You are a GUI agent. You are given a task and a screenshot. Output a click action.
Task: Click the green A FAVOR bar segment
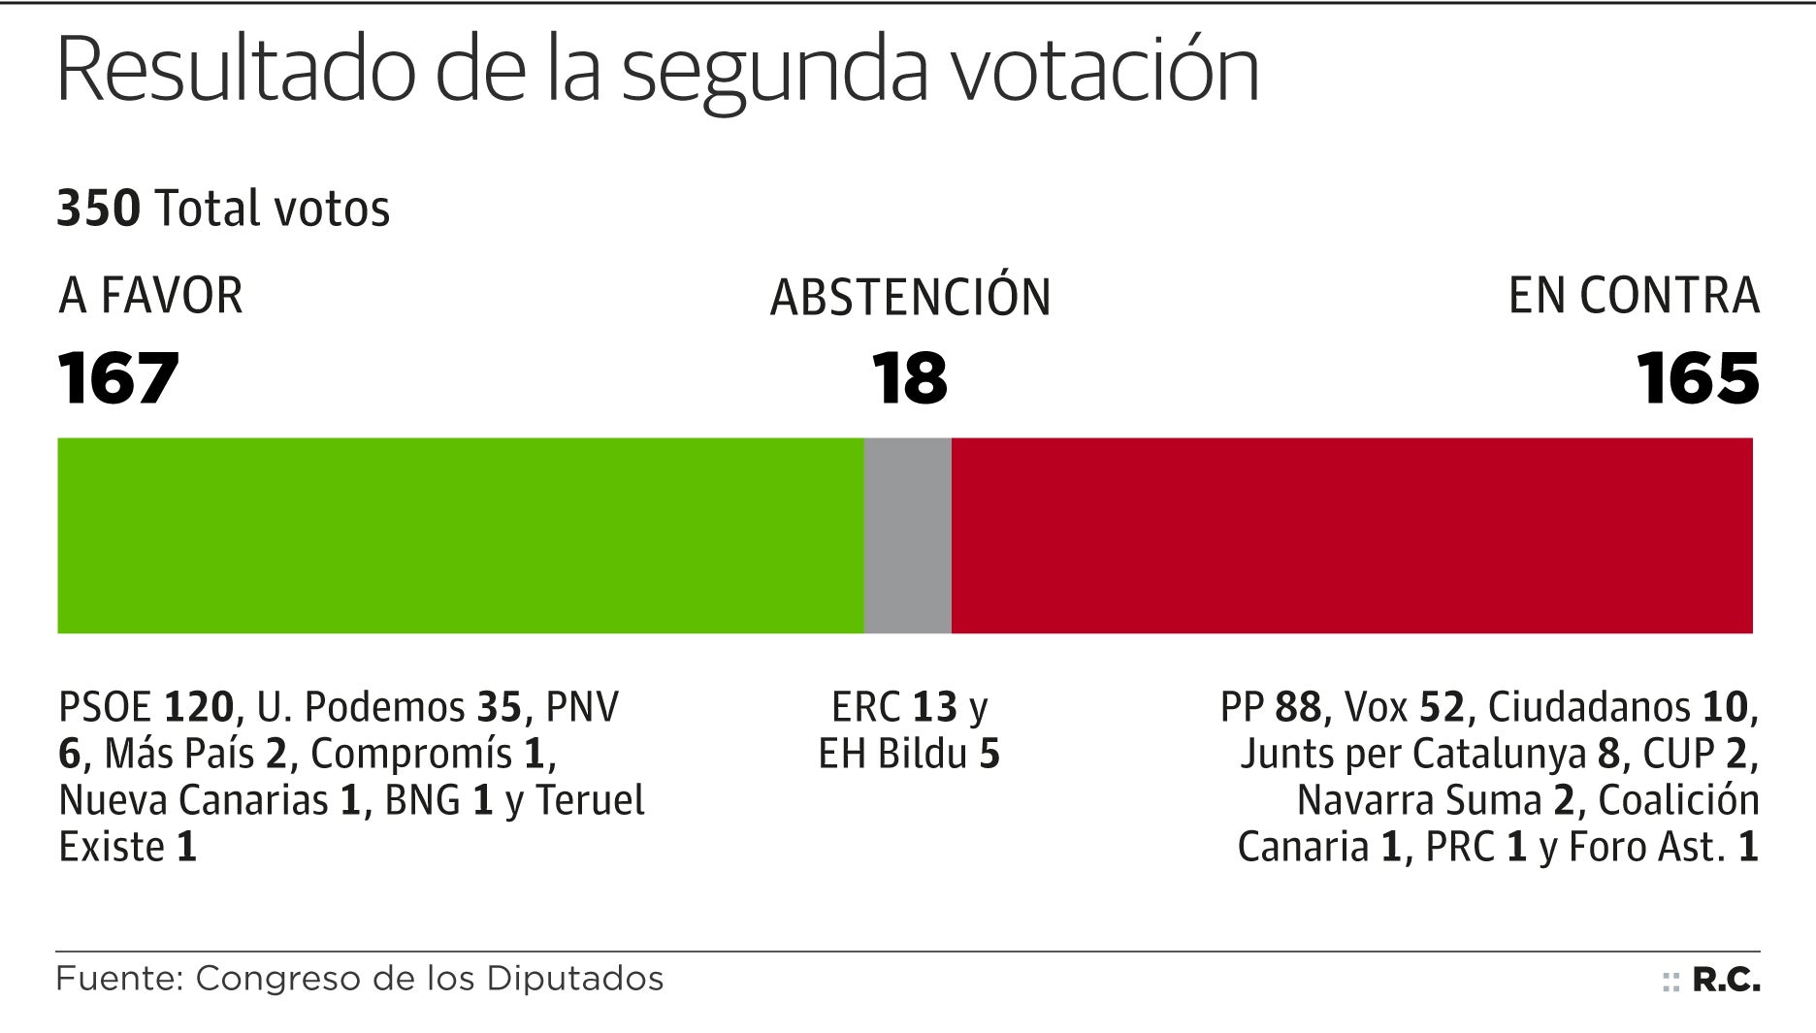point(461,535)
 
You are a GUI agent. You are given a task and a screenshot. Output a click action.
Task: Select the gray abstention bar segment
point(908,535)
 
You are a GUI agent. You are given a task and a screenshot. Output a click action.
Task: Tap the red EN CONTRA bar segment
point(1351,535)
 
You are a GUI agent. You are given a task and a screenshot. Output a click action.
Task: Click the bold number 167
point(118,378)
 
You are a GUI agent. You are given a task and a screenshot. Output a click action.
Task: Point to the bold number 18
point(909,378)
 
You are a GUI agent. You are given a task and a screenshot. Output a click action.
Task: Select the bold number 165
point(1698,378)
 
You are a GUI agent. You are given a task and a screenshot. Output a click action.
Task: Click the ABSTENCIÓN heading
point(910,297)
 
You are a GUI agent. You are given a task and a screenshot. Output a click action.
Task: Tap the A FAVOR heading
point(150,296)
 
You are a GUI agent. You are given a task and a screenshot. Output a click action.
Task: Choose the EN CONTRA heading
point(1634,296)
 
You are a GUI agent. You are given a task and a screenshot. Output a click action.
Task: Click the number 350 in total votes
point(98,209)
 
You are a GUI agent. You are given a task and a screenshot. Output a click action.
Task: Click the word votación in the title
point(1104,70)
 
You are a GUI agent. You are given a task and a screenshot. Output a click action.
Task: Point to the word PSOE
point(106,707)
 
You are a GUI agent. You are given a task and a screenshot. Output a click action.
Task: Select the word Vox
point(1376,707)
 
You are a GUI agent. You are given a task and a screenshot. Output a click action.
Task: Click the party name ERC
point(866,707)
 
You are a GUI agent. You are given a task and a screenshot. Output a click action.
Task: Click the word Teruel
point(590,800)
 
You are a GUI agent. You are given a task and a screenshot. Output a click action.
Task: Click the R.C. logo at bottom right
point(1725,981)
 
